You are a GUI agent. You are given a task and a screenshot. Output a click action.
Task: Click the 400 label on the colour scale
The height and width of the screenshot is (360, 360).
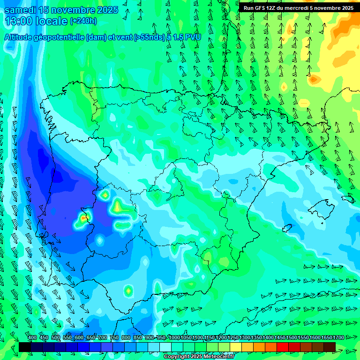click(x=32, y=338)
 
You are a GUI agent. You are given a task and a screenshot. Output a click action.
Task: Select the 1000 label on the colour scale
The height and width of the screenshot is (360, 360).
click(x=174, y=338)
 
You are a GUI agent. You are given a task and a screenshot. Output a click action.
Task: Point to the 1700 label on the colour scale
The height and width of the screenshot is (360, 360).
click(x=327, y=338)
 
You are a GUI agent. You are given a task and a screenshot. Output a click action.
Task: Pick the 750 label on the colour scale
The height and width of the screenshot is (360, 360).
click(x=114, y=338)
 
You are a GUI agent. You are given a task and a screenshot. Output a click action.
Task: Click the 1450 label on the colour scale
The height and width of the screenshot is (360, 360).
click(x=280, y=338)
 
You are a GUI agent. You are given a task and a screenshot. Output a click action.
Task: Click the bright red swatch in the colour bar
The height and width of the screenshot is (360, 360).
click(x=283, y=347)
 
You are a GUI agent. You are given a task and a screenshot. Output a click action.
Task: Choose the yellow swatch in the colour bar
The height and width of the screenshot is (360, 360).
click(x=236, y=347)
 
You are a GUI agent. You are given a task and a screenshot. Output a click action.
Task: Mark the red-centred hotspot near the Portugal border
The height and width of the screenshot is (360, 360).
click(x=83, y=217)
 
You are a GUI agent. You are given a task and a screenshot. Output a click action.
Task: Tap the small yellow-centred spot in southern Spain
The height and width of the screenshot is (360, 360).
click(x=128, y=291)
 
